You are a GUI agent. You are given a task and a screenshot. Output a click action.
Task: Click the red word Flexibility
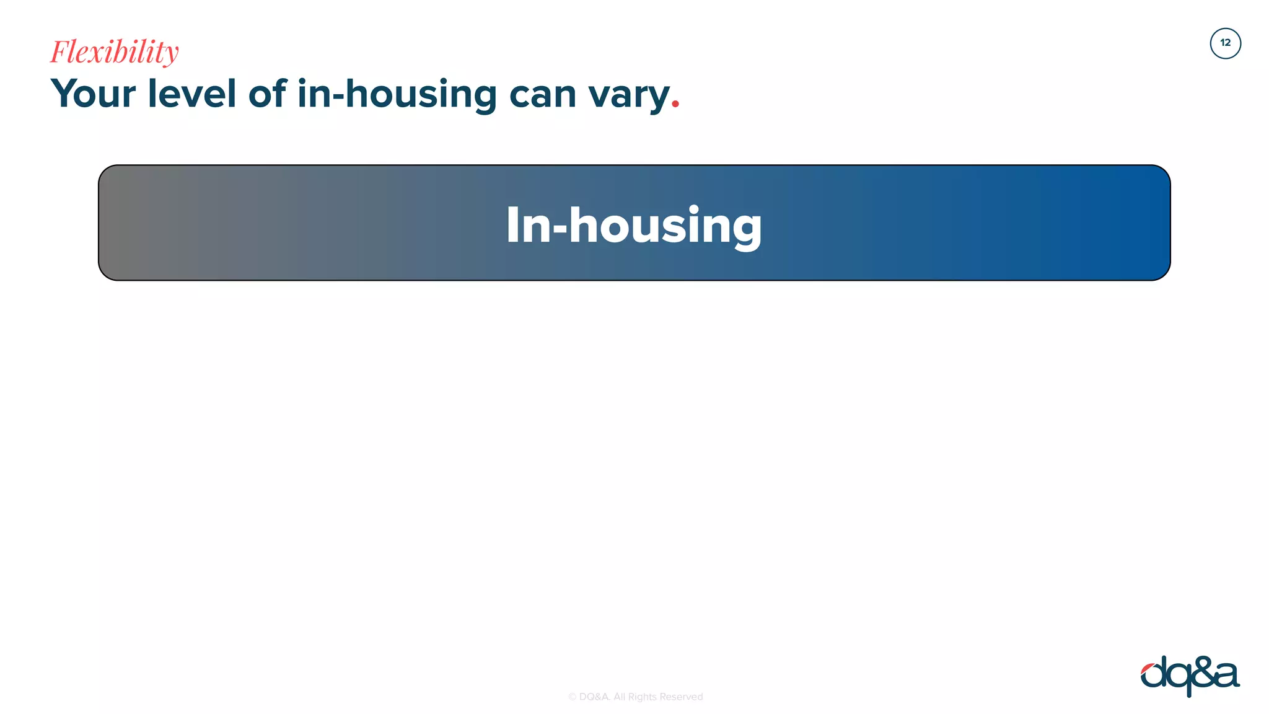(x=115, y=52)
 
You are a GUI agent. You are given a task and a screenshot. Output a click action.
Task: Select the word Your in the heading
(x=93, y=94)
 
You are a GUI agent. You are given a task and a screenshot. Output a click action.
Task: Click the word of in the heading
(x=267, y=94)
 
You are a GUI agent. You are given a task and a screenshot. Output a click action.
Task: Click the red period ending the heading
(x=675, y=106)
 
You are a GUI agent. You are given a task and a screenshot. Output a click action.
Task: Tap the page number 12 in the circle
(x=1225, y=43)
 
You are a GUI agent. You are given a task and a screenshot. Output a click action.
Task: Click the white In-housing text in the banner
(x=634, y=226)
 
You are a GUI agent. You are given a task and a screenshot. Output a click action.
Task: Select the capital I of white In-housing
(x=512, y=225)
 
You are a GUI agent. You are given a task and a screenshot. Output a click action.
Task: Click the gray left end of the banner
(x=124, y=223)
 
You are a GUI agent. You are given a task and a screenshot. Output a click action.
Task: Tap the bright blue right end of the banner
(x=1146, y=223)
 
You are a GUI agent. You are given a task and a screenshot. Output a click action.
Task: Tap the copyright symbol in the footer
(x=572, y=697)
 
